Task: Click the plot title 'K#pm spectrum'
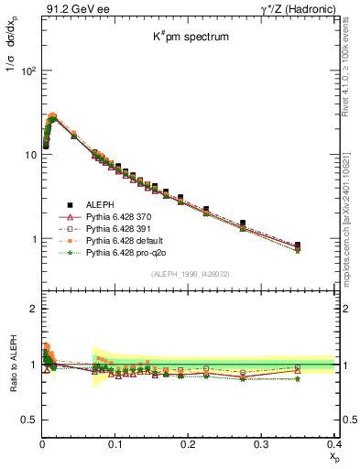click(x=190, y=37)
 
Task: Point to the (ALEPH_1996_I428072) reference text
click(x=190, y=274)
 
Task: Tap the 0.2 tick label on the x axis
click(x=189, y=443)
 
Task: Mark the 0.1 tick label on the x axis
click(x=115, y=443)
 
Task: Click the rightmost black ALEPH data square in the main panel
click(x=322, y=245)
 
